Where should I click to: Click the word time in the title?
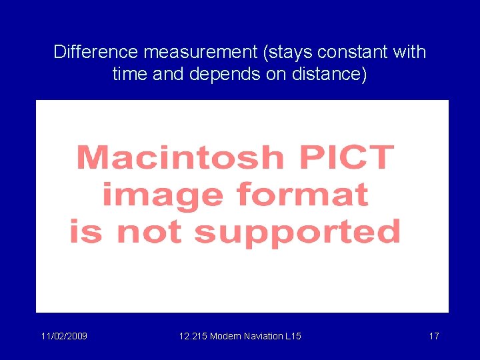pos(130,73)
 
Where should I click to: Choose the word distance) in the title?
pos(331,73)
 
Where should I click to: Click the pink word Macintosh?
pos(180,158)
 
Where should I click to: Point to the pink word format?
pos(302,195)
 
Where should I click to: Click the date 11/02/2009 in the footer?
pos(64,336)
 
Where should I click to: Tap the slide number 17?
pos(434,336)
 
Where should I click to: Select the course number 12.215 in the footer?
pos(193,336)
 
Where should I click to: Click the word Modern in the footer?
pos(227,336)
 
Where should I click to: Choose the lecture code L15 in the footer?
pos(293,336)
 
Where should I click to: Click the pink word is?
pos(88,233)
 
